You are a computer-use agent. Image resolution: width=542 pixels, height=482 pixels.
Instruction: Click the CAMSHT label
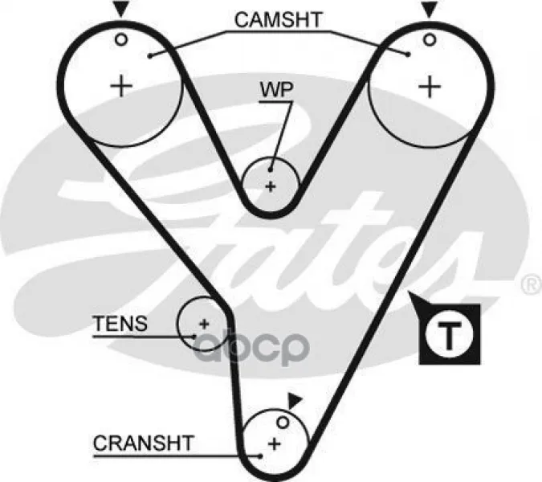279,20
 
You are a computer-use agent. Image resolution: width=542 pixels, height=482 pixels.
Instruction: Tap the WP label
276,89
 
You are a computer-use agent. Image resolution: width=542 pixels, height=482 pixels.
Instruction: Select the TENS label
120,324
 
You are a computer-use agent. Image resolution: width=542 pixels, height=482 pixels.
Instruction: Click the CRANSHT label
143,443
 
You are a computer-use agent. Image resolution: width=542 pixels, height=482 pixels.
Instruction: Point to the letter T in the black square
449,334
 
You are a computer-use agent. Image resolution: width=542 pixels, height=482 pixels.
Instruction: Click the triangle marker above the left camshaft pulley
120,10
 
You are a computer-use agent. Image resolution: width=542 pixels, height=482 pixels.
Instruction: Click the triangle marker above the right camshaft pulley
430,10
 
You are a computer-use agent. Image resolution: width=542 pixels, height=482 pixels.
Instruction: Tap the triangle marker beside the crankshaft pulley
295,400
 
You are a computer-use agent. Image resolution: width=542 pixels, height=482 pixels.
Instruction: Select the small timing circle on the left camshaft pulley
121,39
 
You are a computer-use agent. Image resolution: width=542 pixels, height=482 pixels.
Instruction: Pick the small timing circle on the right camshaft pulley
430,40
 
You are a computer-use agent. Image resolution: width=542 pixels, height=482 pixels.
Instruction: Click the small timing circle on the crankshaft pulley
283,423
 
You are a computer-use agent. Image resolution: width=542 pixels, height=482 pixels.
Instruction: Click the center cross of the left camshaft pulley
121,86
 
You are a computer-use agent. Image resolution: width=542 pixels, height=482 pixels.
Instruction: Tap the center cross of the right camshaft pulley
430,86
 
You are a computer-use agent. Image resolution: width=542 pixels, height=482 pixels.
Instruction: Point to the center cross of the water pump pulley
271,187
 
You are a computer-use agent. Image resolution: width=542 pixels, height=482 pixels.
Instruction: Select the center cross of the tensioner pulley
204,324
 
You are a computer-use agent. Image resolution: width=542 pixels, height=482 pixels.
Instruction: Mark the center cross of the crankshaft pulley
275,444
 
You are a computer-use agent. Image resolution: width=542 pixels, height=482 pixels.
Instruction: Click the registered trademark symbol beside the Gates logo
532,284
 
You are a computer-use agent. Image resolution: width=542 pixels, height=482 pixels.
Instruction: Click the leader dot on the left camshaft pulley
150,56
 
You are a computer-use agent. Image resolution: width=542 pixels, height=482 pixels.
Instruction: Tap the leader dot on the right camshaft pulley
409,55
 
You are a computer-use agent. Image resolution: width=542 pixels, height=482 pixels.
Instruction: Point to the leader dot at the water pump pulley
271,170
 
